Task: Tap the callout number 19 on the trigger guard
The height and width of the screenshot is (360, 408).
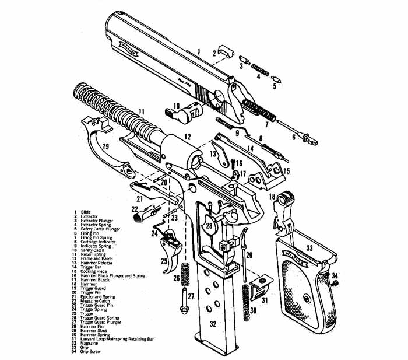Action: tap(105, 146)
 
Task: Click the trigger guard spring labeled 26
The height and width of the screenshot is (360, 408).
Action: tap(187, 272)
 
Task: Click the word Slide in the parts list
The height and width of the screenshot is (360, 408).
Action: tap(86, 211)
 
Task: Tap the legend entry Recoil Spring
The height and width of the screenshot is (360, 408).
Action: tap(93, 254)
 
